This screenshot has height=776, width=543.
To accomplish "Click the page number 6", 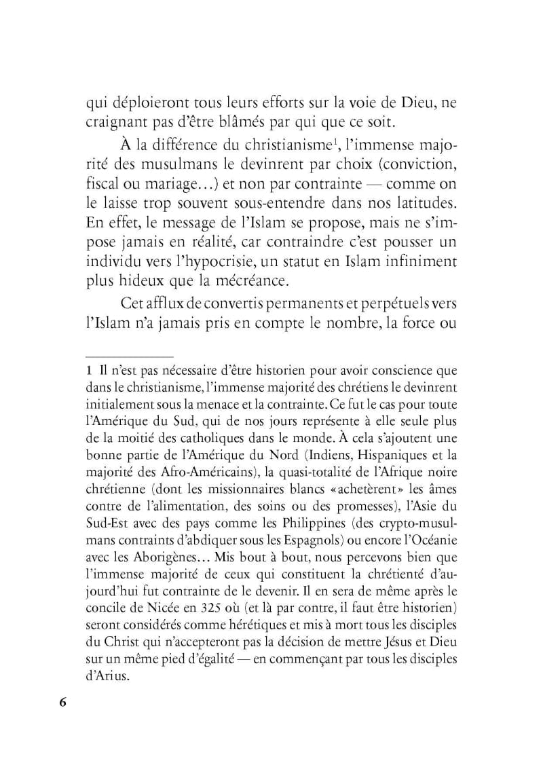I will coord(62,703).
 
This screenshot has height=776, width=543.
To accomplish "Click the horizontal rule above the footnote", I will coord(130,356).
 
